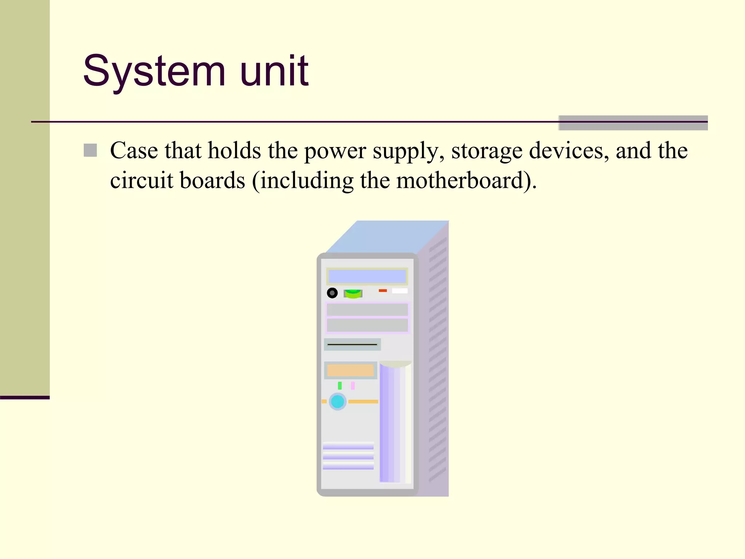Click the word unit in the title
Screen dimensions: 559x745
[274, 71]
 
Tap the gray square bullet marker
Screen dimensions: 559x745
[90, 150]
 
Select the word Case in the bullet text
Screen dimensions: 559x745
[134, 150]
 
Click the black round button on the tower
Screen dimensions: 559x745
[332, 293]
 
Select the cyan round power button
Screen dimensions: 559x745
[338, 401]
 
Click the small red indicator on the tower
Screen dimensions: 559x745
[383, 290]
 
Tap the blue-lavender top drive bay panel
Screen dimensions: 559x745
[367, 277]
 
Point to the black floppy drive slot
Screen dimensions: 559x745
[352, 344]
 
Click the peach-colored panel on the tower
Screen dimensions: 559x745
[350, 370]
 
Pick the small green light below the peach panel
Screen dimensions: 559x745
[340, 385]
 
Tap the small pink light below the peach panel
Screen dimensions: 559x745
[352, 385]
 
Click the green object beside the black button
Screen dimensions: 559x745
[353, 293]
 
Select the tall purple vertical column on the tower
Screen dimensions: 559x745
[389, 422]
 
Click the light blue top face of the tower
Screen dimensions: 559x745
[386, 237]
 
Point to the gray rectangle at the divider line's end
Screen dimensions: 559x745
[633, 123]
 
